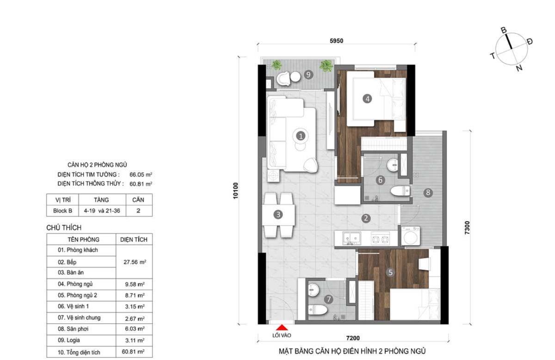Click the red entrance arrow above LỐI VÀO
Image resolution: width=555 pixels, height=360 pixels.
282,328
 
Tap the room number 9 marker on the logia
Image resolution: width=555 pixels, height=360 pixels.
308,74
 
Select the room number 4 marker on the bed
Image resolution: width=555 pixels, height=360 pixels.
367,99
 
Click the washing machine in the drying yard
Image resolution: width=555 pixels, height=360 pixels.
410,236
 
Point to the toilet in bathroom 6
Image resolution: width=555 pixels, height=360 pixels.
401,191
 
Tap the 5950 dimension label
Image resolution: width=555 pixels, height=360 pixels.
336,41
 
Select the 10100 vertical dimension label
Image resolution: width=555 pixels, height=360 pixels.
235,191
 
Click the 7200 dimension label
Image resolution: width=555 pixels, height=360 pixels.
353,338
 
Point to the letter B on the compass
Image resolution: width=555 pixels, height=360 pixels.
504,30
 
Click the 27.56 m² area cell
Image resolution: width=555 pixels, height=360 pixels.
135,262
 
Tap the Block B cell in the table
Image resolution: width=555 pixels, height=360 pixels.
62,211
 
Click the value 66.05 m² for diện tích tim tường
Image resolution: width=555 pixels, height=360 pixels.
141,174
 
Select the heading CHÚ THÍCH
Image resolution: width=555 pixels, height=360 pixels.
64,228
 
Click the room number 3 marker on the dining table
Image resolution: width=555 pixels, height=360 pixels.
278,215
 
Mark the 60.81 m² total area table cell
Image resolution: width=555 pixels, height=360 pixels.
133,352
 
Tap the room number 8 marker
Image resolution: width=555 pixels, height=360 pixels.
428,192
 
